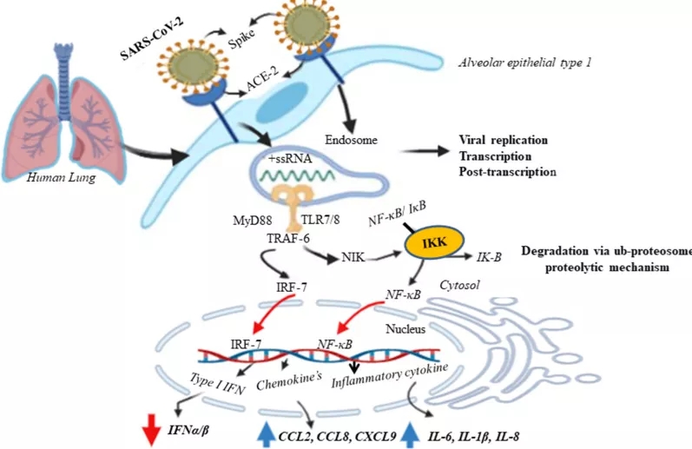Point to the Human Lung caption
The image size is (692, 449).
58,177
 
